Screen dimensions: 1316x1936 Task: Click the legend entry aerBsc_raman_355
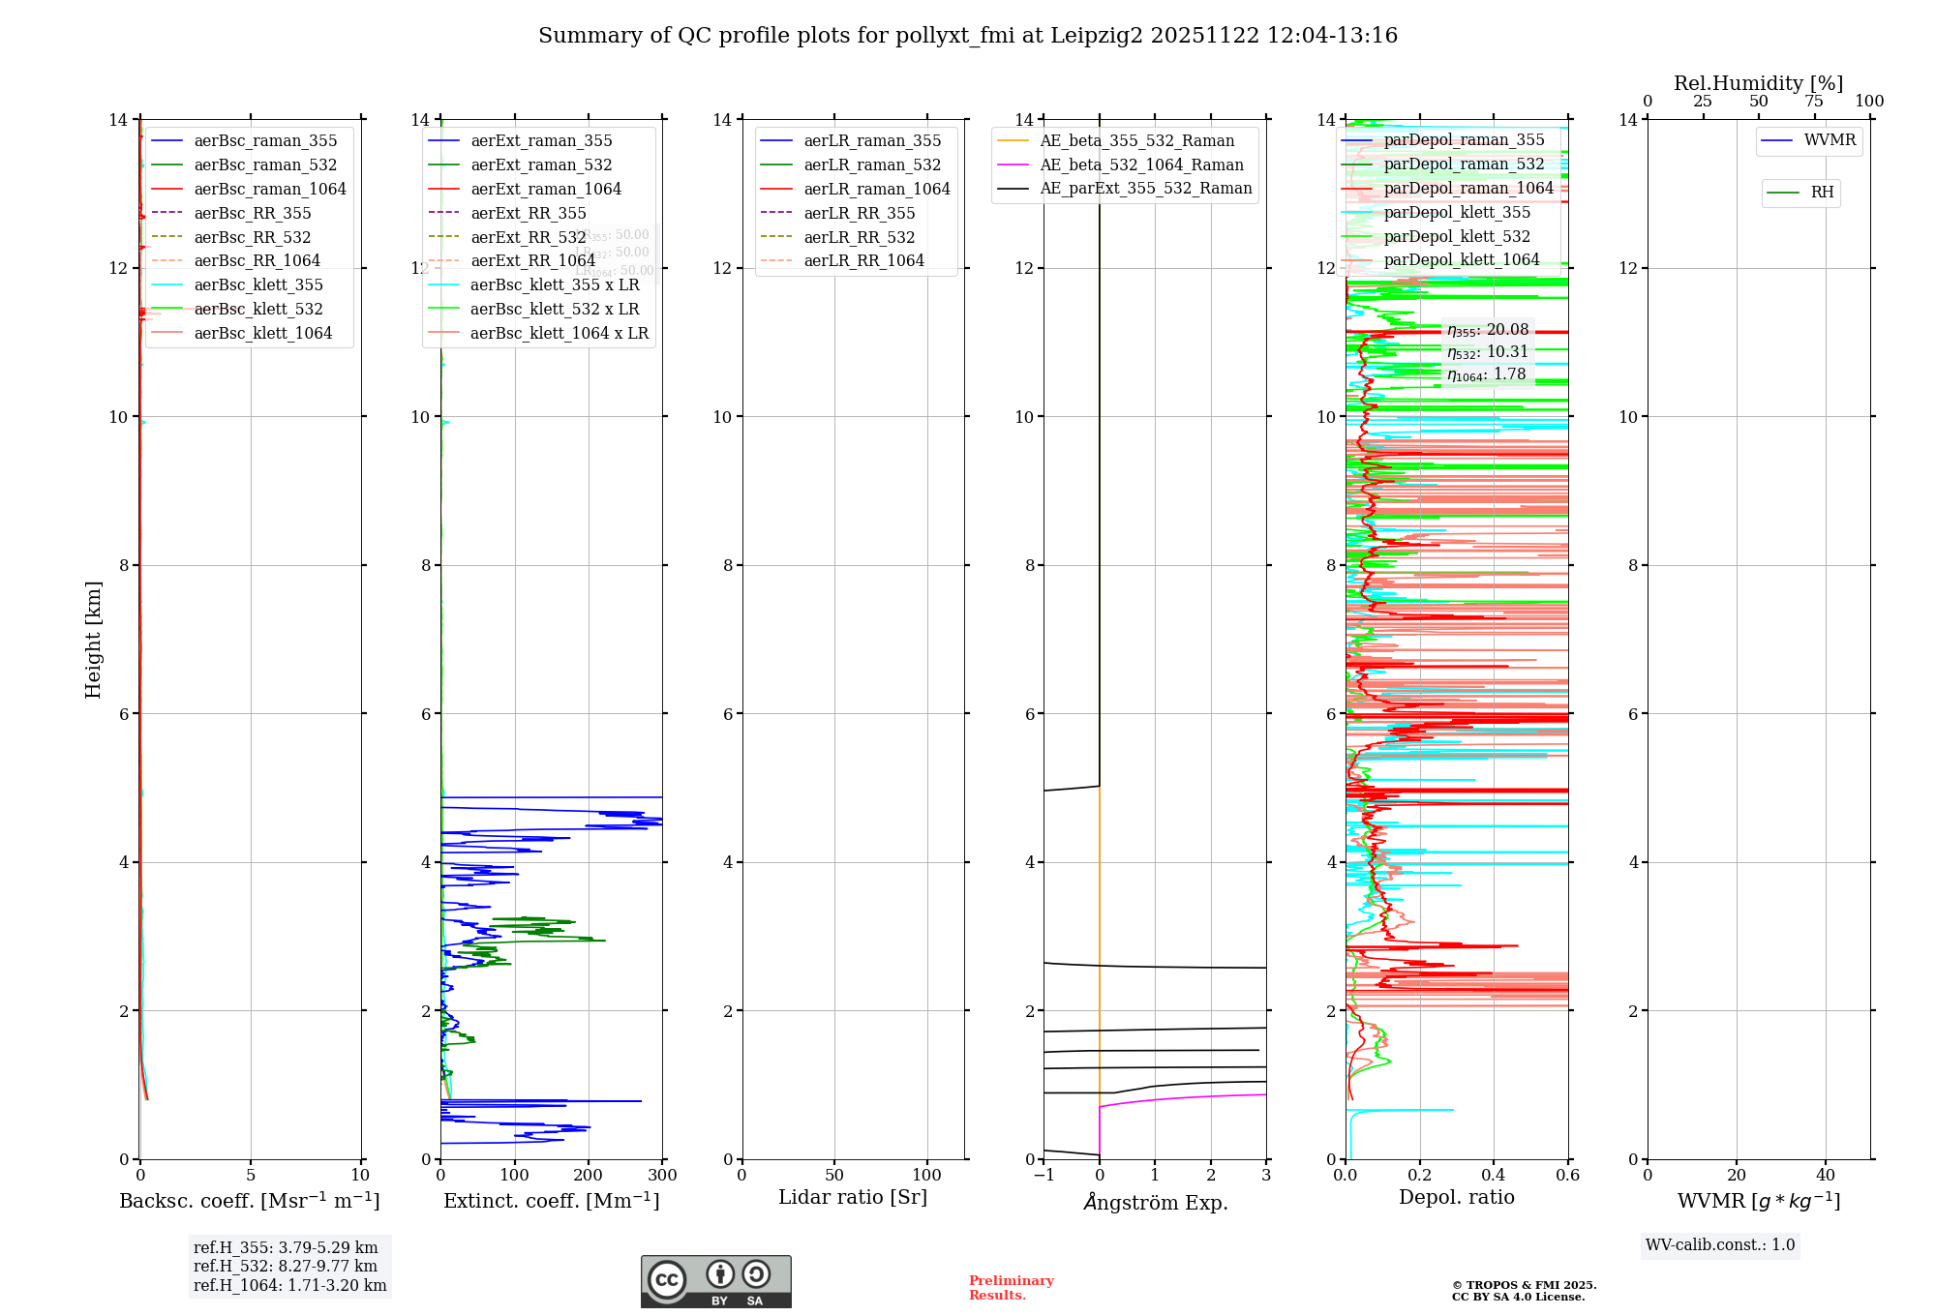(265, 141)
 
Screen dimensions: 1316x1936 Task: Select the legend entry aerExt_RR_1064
(532, 261)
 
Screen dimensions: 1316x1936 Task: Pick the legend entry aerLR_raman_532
(871, 165)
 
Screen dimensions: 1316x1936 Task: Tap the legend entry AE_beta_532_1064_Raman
(1141, 165)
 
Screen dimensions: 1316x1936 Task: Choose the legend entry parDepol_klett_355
(1457, 213)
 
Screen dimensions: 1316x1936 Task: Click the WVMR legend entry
(1830, 140)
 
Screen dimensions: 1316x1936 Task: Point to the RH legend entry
(1822, 193)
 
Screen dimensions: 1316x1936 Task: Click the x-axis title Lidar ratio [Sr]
(853, 1198)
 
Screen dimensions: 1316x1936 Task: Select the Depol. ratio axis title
(1456, 1198)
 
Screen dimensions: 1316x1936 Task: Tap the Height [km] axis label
(93, 639)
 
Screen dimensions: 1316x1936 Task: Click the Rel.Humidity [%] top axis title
(1758, 83)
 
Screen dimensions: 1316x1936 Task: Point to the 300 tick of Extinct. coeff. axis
(662, 1176)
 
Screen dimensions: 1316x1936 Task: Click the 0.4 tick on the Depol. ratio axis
(1494, 1176)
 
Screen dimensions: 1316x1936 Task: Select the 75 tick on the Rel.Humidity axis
(1814, 102)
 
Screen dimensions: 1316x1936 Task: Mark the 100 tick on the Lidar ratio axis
(926, 1176)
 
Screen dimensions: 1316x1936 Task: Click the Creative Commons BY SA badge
(715, 1282)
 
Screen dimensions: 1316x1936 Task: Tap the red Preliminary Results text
(1011, 1288)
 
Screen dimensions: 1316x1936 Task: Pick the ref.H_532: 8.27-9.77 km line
(286, 1267)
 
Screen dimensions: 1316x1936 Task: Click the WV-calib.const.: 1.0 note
(1720, 1245)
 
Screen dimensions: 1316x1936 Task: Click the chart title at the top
(968, 36)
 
